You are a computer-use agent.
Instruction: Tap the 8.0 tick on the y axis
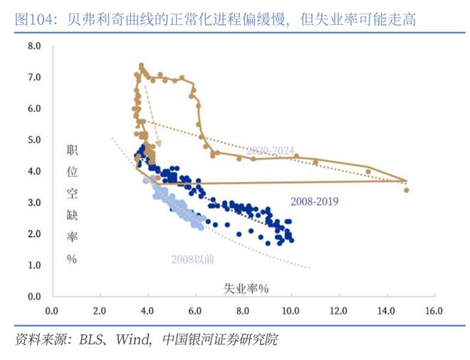click(x=34, y=46)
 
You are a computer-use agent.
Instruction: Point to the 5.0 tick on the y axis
click(x=34, y=140)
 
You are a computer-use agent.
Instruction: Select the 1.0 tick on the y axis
click(x=34, y=265)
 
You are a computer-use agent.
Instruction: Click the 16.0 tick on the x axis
click(x=434, y=312)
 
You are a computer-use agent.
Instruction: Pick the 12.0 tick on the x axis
click(x=338, y=312)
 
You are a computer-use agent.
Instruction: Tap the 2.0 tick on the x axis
click(x=99, y=312)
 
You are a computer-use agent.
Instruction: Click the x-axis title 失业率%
click(x=246, y=289)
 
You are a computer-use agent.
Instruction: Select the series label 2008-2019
click(x=314, y=202)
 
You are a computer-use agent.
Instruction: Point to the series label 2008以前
click(x=192, y=259)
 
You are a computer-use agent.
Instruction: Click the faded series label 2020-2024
click(x=270, y=150)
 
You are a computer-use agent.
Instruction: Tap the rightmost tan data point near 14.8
click(x=406, y=190)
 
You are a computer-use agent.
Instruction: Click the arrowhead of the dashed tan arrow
click(x=158, y=145)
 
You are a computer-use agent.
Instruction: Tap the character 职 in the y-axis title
click(x=72, y=150)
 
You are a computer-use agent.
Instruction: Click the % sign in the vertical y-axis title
click(x=72, y=259)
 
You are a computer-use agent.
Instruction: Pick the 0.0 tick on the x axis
click(x=51, y=312)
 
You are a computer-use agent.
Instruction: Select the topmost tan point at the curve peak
click(x=141, y=66)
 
